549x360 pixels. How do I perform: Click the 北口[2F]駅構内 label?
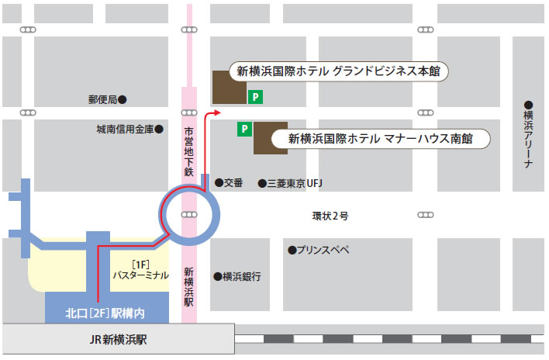click(x=106, y=313)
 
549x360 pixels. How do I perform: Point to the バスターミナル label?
click(x=140, y=275)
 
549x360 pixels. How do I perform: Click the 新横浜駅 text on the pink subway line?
click(x=189, y=286)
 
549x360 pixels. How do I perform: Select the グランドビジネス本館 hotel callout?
click(x=338, y=71)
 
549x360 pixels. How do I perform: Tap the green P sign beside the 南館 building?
click(x=244, y=128)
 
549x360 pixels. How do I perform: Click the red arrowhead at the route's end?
click(x=216, y=112)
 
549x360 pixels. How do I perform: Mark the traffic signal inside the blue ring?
click(x=189, y=214)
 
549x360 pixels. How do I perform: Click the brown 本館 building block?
click(x=226, y=87)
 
